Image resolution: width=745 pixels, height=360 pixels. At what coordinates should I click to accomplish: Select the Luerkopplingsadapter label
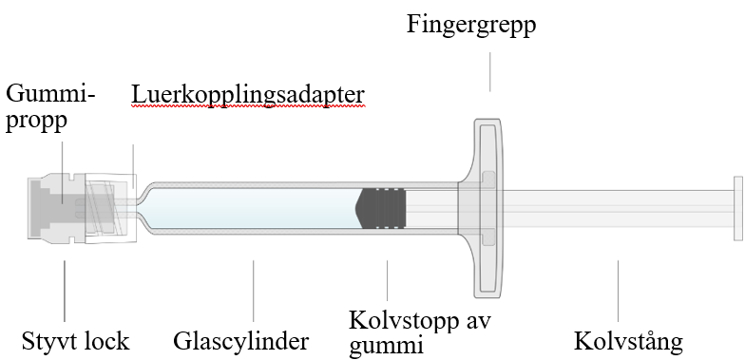click(x=248, y=95)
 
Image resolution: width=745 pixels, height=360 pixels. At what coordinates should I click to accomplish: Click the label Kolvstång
click(x=628, y=340)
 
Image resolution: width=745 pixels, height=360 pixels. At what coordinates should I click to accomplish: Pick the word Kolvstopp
click(x=405, y=321)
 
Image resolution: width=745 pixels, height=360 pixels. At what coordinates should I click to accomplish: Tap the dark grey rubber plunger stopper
click(x=381, y=209)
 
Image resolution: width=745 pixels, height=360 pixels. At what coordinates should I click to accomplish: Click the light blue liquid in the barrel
click(x=255, y=209)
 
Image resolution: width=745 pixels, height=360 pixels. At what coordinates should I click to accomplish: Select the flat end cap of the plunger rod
click(x=737, y=209)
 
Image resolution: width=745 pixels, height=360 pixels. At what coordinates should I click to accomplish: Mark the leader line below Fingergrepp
click(x=490, y=72)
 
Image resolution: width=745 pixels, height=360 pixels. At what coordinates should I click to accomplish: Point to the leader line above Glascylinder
click(x=253, y=291)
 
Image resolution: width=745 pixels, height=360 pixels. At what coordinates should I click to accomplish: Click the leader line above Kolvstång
click(x=618, y=291)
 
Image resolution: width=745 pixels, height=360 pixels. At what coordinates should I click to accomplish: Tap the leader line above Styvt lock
click(x=65, y=291)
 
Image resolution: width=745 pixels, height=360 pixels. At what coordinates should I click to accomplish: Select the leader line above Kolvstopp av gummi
click(x=388, y=280)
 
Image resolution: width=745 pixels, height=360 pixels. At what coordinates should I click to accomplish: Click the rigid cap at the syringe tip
click(x=57, y=209)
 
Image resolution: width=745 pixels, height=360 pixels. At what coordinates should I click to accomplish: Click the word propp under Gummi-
click(x=36, y=122)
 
